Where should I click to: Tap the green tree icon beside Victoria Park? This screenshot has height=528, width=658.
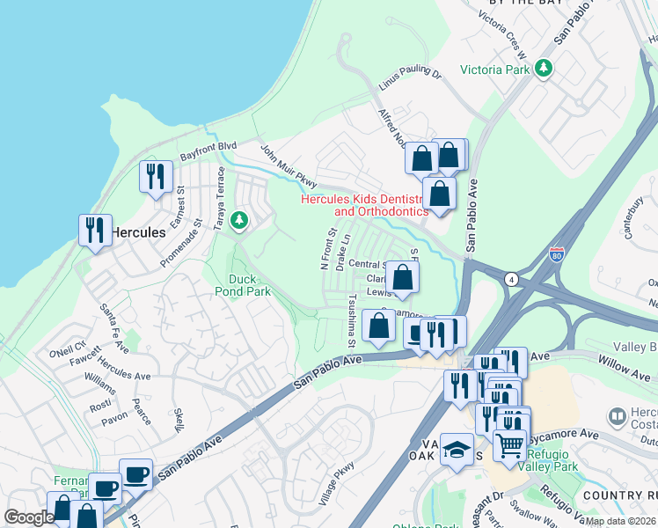(x=545, y=68)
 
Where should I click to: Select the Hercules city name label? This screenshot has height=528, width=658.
(x=137, y=233)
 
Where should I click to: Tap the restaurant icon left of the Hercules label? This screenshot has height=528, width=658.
(x=94, y=230)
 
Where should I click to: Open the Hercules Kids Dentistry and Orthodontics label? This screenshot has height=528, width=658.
(x=364, y=205)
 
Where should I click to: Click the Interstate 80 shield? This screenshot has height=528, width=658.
(x=556, y=254)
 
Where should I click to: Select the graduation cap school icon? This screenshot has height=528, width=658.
(x=457, y=450)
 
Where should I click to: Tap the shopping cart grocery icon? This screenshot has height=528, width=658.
(x=509, y=446)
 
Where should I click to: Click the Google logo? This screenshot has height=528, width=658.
(x=29, y=517)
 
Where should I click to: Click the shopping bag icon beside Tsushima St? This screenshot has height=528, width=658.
(x=378, y=325)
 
